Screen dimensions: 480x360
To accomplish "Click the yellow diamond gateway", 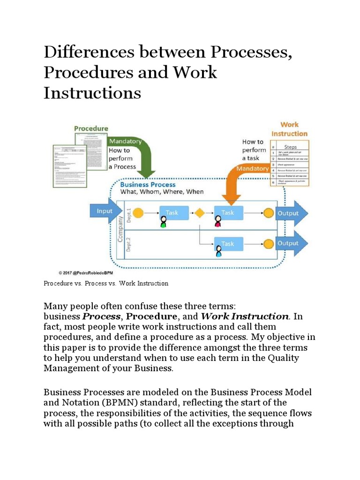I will coord(200,213).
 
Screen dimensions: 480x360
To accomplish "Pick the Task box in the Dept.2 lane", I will coord(228,244).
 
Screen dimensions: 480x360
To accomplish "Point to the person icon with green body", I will coord(164,222).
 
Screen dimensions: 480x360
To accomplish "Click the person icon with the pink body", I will coord(218,222).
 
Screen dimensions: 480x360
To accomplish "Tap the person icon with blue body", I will coord(218,253).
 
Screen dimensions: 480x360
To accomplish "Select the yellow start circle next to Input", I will coord(138,213).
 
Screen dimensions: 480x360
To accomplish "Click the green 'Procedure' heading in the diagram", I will coord(91,128).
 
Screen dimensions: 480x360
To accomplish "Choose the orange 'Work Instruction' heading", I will coord(290,129).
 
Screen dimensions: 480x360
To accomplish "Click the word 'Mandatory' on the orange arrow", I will coord(253,169).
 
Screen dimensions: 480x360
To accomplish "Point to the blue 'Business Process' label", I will coord(148,184).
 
